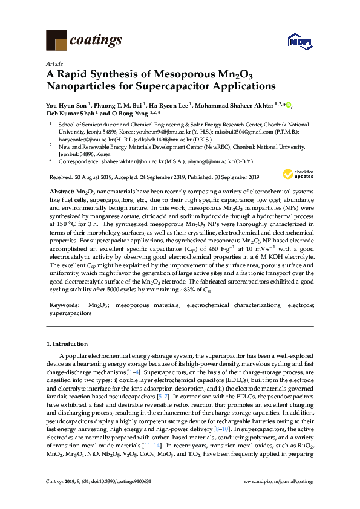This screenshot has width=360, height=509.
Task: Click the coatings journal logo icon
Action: click(57, 40)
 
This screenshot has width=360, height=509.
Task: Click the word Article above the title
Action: click(53, 63)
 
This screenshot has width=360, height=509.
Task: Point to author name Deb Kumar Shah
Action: click(69, 113)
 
